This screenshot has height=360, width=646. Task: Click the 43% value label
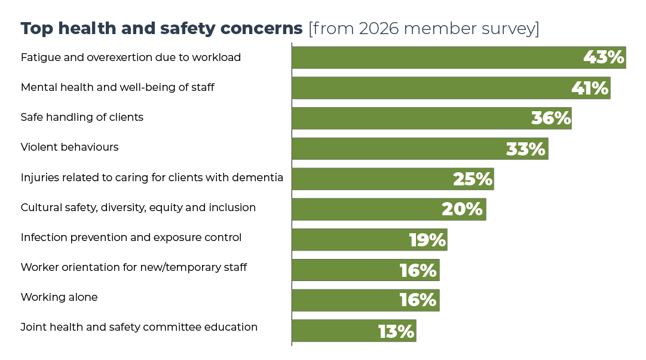coord(604,57)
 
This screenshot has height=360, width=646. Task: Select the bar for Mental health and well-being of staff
coord(451,88)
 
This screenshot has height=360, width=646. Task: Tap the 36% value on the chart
coord(551,118)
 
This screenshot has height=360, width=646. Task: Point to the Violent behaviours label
coord(70,147)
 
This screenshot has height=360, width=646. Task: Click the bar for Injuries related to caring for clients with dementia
coord(393,179)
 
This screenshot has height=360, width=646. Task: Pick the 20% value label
coord(462,209)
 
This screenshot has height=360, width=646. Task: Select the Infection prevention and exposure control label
coord(131,237)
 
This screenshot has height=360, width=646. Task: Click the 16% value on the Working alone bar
coord(418,300)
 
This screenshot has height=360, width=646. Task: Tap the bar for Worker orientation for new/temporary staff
coord(366,270)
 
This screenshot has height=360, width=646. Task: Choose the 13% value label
coord(396,331)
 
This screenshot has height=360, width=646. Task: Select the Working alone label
coord(59,297)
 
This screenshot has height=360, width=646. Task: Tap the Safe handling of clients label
coord(82,117)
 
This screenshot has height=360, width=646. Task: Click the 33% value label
coord(526,149)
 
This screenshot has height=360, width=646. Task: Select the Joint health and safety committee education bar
coord(354,331)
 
